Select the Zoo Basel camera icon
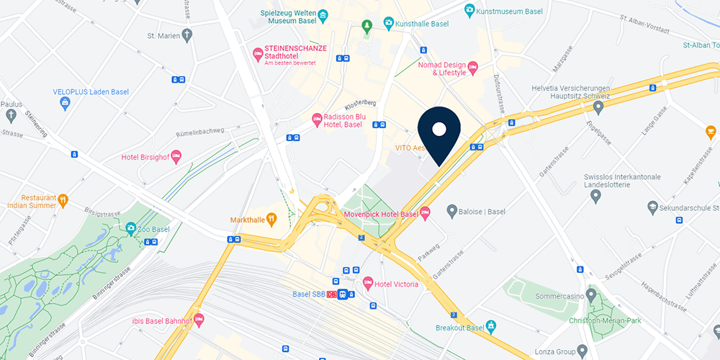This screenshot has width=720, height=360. coord(131,229)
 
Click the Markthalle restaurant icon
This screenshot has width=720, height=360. coord(271,219)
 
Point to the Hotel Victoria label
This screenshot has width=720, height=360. coord(396,284)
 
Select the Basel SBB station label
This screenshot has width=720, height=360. coord(310,294)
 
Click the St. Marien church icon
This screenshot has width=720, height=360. coord(187,35)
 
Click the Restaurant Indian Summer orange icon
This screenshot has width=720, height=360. coord(63,199)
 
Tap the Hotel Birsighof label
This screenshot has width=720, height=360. coord(144,157)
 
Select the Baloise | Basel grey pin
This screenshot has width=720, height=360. coord(452,211)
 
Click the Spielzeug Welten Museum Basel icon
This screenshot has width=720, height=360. coord(323,14)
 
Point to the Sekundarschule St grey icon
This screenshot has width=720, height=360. coord(652,207)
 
